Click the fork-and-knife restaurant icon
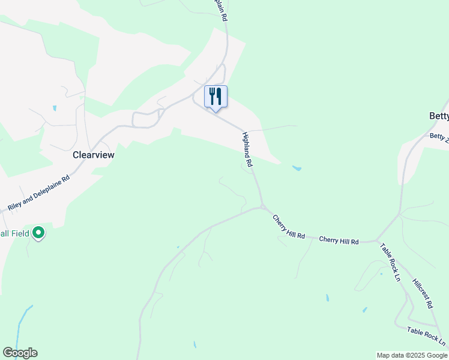216,97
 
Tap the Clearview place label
93,154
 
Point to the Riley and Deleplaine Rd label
39,193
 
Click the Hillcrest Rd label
423,293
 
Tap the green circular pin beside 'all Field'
38,232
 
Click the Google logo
20,353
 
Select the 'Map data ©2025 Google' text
412,355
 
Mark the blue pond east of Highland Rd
296,169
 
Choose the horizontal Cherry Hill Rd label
339,241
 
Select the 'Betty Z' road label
439,137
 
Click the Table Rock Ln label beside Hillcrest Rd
390,262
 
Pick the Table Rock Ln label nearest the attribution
426,337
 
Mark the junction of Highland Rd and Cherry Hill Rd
263,208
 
